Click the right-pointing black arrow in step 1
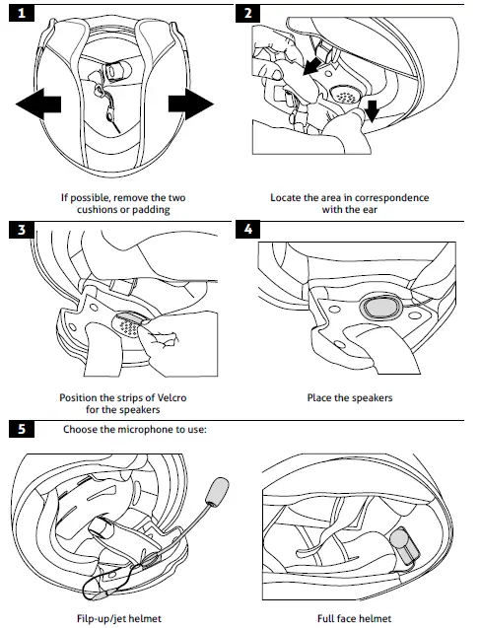(x=189, y=101)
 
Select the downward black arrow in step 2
(x=372, y=110)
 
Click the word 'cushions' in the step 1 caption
(x=99, y=211)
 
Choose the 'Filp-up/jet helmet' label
(x=117, y=618)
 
